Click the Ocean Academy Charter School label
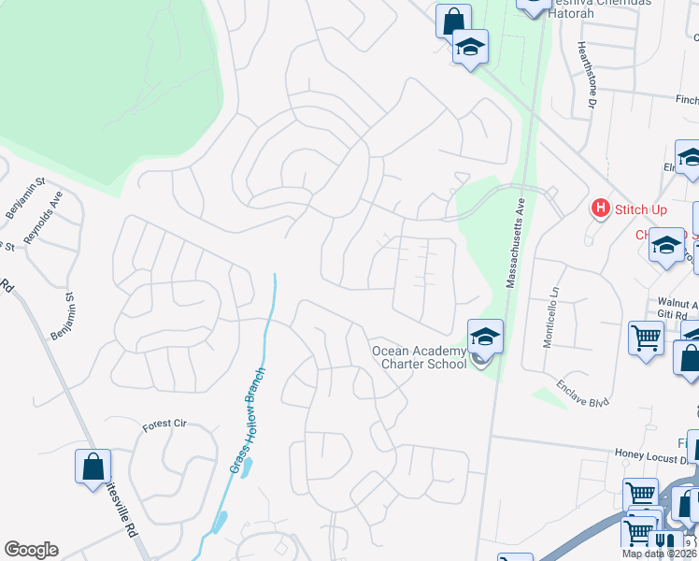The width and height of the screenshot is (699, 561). click(x=420, y=357)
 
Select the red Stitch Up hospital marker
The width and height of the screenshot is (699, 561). click(x=601, y=209)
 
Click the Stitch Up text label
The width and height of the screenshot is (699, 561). click(x=640, y=209)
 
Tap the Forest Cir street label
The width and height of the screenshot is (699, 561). click(x=164, y=424)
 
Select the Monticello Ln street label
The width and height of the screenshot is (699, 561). click(x=549, y=317)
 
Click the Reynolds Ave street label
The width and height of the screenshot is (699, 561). click(x=44, y=218)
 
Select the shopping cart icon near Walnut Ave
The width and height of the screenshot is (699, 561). click(x=646, y=338)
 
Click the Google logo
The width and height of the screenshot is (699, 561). click(x=31, y=550)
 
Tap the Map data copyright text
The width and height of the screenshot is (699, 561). click(x=659, y=554)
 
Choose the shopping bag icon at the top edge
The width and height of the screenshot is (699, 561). click(x=453, y=21)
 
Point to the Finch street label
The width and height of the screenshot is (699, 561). click(x=686, y=98)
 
